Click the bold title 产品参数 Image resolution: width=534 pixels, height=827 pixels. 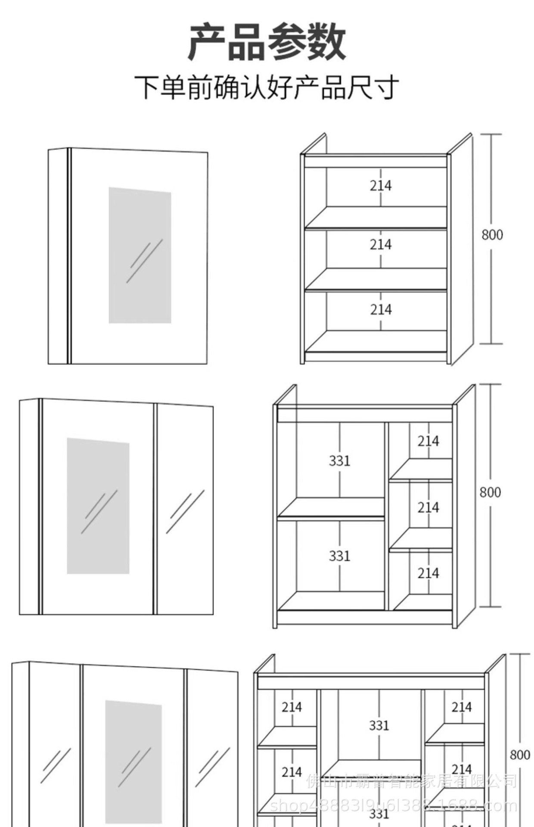pyautogui.click(x=267, y=42)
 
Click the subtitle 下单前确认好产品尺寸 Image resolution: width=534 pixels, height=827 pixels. pyautogui.click(x=267, y=87)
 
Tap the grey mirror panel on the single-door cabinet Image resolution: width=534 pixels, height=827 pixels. pyautogui.click(x=140, y=255)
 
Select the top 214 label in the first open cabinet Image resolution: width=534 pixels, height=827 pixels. pyautogui.click(x=381, y=186)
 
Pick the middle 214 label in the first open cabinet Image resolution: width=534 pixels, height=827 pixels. pyautogui.click(x=381, y=245)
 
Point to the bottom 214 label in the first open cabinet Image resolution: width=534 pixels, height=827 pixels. pyautogui.click(x=381, y=309)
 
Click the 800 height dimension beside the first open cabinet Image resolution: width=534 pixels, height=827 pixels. pyautogui.click(x=492, y=235)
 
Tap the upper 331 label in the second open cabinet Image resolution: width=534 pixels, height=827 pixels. pyautogui.click(x=339, y=461)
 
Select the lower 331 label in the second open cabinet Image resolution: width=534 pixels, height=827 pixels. pyautogui.click(x=339, y=556)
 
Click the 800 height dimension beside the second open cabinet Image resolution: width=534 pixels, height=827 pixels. pyautogui.click(x=491, y=492)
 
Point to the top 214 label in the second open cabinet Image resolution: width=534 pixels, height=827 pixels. pyautogui.click(x=428, y=441)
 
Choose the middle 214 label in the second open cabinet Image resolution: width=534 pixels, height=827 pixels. pyautogui.click(x=428, y=507)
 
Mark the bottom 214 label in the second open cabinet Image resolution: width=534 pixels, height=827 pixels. pyautogui.click(x=428, y=573)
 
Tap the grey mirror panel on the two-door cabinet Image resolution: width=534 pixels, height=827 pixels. pyautogui.click(x=98, y=506)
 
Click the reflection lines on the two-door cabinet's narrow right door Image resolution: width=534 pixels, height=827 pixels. pyautogui.click(x=185, y=512)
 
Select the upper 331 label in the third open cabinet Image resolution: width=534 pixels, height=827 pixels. pyautogui.click(x=379, y=725)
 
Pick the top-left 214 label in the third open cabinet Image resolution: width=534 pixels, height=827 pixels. pyautogui.click(x=292, y=707)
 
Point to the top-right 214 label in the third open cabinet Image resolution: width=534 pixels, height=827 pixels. pyautogui.click(x=462, y=707)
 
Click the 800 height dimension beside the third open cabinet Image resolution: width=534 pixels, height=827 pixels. pyautogui.click(x=520, y=755)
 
